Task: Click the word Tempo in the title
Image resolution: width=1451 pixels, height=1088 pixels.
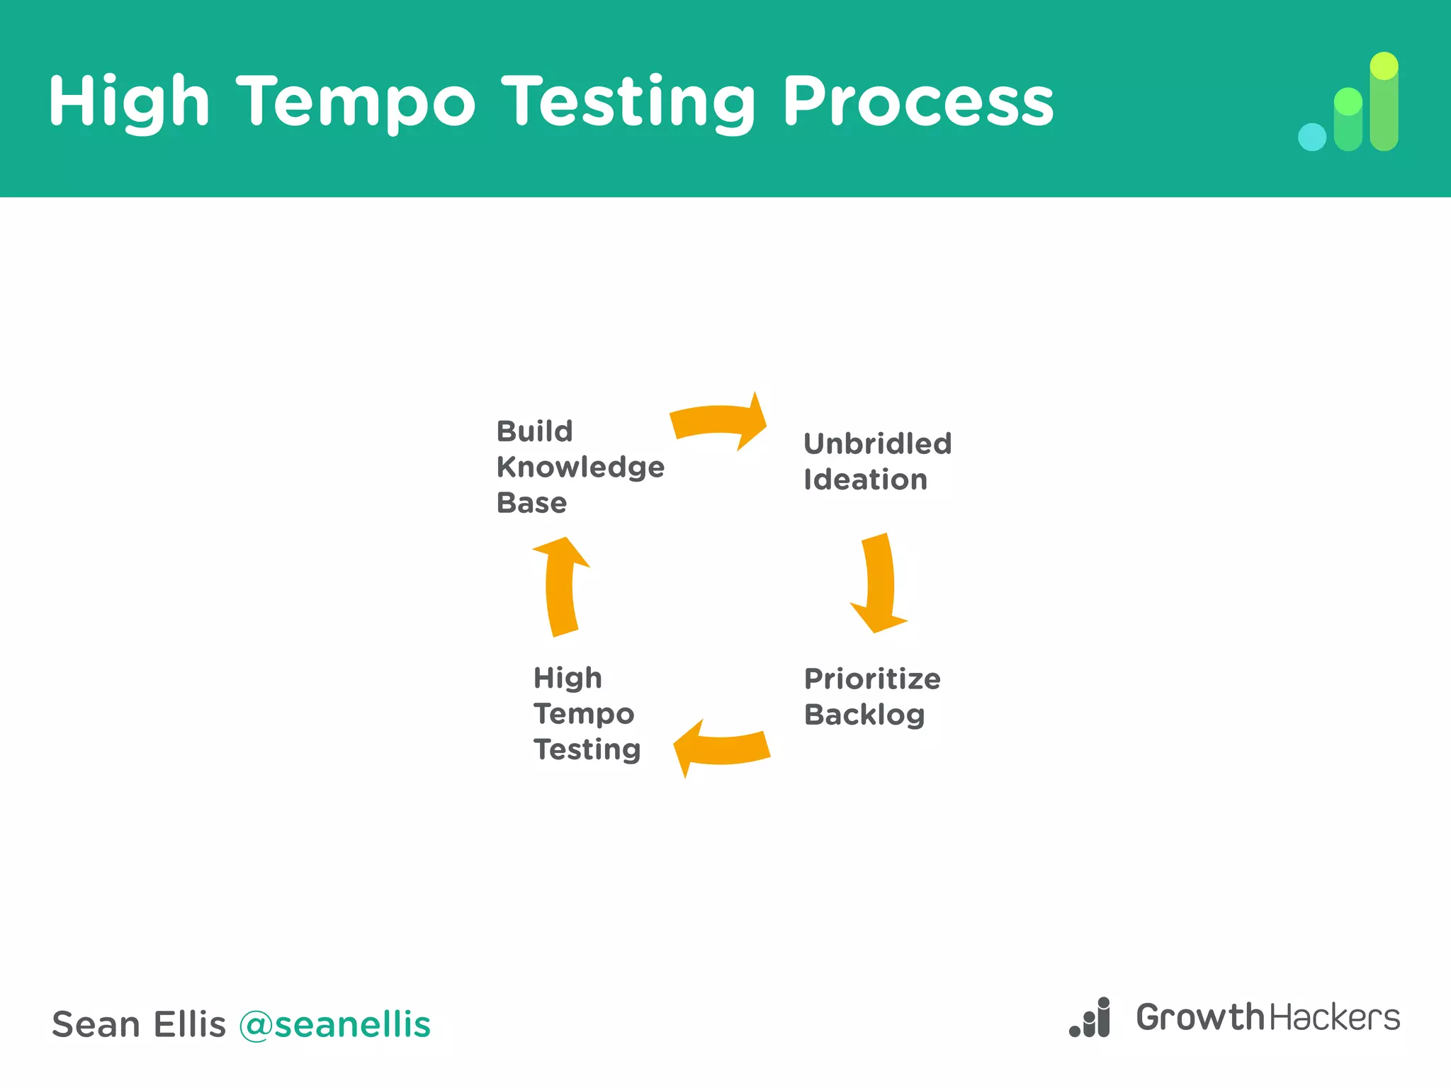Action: (x=356, y=103)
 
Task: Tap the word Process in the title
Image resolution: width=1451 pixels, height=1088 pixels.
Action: (x=918, y=103)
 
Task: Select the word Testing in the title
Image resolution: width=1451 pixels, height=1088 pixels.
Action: (x=629, y=103)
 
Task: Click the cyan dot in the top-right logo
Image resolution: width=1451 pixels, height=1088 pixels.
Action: (x=1311, y=137)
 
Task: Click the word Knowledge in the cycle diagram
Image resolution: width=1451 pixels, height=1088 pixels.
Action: (x=580, y=467)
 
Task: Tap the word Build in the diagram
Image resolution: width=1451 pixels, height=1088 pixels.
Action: (x=534, y=431)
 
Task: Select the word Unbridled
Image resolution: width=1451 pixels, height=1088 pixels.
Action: (x=877, y=444)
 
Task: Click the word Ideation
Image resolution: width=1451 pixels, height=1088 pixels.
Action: (x=865, y=480)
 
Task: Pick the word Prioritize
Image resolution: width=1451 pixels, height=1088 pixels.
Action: (x=872, y=679)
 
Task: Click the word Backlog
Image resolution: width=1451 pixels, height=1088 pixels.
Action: (x=864, y=715)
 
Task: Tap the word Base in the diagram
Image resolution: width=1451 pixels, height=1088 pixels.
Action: (x=531, y=503)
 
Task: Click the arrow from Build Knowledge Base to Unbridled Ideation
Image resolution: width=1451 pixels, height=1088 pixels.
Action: (x=719, y=421)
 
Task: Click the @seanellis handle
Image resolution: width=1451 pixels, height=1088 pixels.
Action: (x=334, y=1024)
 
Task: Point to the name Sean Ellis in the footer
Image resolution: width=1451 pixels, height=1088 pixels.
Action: (x=139, y=1024)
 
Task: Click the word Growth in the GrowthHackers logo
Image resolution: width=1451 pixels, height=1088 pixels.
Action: (x=1200, y=1017)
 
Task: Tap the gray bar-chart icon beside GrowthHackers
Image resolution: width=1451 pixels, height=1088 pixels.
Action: (x=1091, y=1019)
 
